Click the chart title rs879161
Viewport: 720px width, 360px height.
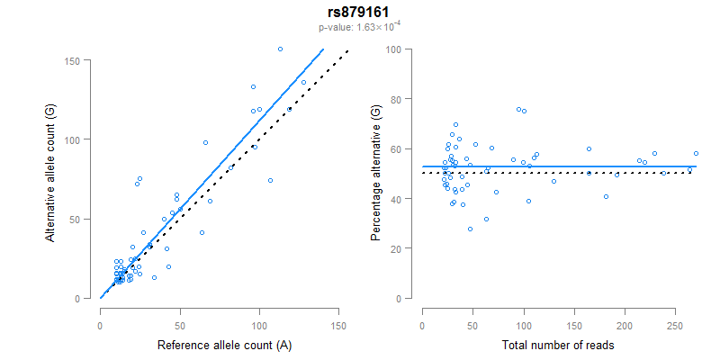[359, 13]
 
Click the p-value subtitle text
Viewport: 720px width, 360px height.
[359, 27]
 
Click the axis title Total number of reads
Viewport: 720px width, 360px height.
[558, 345]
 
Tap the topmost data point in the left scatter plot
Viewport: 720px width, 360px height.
[280, 49]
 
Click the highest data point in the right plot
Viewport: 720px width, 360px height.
[518, 110]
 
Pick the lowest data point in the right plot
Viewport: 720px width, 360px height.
[470, 229]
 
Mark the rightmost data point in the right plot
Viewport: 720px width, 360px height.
[696, 154]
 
